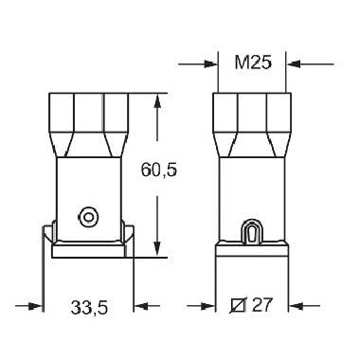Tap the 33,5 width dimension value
coord(89,307)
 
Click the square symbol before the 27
coord(240,307)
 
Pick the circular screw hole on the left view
coord(88,217)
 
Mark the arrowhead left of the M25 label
coord(209,64)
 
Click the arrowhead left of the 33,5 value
coord(38,307)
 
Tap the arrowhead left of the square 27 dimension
coord(210,307)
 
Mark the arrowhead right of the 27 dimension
coord(295,307)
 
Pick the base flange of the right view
coord(252,252)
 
